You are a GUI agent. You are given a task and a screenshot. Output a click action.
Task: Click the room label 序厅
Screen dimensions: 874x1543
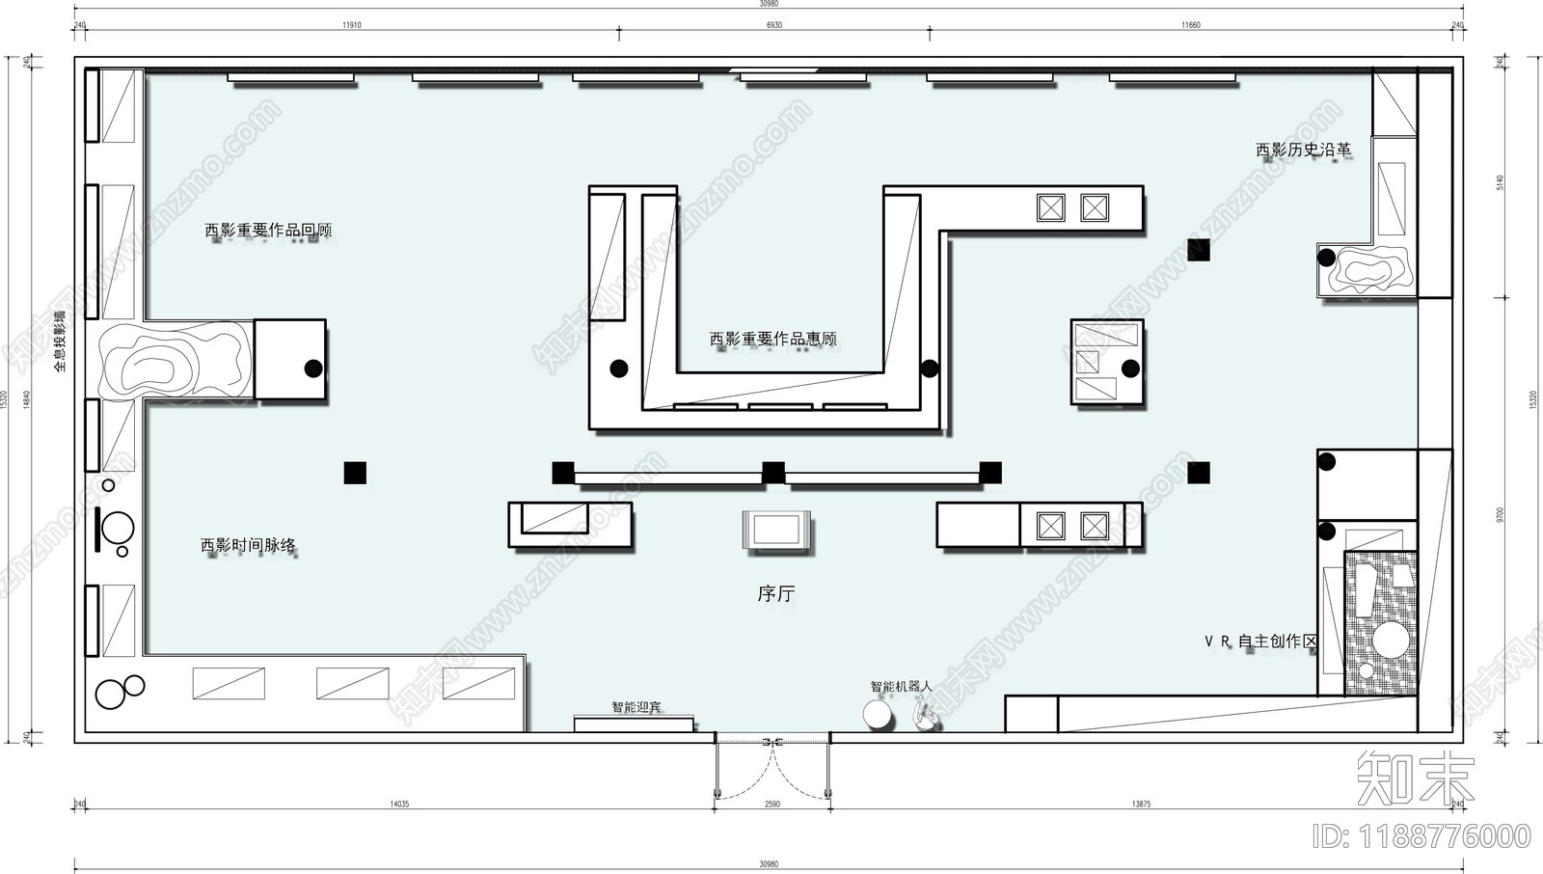click(775, 594)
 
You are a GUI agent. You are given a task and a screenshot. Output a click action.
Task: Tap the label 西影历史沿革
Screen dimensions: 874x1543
click(1303, 150)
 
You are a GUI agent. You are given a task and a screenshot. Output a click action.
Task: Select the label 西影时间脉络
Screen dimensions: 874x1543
click(248, 545)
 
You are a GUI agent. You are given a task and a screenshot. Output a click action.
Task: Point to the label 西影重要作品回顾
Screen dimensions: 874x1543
click(268, 231)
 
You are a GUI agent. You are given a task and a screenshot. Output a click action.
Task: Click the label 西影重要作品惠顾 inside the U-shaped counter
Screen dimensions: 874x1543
click(772, 339)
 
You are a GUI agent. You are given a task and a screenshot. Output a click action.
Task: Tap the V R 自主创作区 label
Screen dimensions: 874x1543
click(1260, 641)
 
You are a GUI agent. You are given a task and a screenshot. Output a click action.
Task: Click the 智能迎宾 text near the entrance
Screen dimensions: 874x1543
click(636, 707)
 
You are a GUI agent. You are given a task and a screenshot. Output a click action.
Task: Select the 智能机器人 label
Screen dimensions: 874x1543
click(901, 686)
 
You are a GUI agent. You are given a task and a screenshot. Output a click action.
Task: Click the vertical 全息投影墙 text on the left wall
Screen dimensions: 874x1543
click(60, 341)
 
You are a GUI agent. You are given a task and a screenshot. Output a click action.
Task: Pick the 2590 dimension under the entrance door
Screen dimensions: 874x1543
click(771, 804)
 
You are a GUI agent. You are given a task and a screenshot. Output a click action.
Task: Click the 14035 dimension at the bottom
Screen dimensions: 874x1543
click(399, 804)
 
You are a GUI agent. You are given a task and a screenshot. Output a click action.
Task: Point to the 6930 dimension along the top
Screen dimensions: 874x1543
click(773, 25)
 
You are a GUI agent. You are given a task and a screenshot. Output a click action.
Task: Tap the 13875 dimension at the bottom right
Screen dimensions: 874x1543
click(1141, 804)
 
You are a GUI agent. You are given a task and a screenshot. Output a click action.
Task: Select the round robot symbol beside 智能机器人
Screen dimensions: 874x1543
click(879, 715)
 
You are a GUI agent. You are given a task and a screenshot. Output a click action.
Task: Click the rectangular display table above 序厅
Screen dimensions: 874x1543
click(776, 531)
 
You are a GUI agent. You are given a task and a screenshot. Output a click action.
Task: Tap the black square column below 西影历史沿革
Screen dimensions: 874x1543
click(1198, 250)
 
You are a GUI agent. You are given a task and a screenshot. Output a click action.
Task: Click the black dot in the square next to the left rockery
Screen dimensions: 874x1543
click(313, 368)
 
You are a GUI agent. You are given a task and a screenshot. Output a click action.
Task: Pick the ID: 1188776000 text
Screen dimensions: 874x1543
click(1421, 835)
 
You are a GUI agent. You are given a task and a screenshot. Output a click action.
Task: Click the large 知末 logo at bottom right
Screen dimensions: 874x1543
click(1415, 778)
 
